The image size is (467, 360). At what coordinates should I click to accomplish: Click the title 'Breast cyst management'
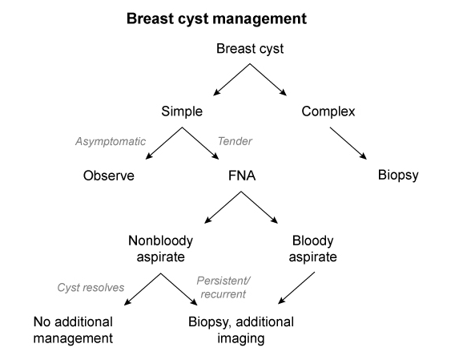[216, 18]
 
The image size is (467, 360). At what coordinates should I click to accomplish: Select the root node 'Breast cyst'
[250, 49]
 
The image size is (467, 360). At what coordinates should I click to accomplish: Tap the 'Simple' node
[182, 111]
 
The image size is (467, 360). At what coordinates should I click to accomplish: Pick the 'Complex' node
[328, 111]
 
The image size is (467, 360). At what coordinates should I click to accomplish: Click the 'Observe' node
[109, 176]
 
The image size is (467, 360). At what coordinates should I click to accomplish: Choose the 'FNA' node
[242, 176]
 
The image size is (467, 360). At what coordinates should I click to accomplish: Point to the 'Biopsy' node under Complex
[398, 176]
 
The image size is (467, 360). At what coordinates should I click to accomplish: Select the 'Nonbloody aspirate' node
[160, 249]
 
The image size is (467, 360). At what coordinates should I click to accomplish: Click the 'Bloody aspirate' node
[312, 249]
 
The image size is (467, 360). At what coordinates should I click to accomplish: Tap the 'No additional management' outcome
[73, 330]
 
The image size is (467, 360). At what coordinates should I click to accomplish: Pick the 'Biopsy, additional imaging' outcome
[241, 330]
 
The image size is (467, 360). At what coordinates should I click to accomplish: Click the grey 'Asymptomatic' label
[111, 141]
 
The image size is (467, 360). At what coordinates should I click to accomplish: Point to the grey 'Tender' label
[235, 141]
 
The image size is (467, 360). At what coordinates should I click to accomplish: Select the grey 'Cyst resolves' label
[91, 288]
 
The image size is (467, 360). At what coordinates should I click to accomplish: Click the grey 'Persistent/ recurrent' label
[223, 287]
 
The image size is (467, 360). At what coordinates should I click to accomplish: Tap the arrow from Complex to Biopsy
[348, 144]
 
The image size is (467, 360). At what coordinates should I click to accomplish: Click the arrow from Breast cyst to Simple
[231, 79]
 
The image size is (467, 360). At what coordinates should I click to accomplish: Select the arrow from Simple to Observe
[163, 144]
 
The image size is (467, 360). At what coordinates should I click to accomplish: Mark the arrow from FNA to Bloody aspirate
[260, 208]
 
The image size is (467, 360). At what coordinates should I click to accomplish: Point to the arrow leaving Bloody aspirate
[296, 288]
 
